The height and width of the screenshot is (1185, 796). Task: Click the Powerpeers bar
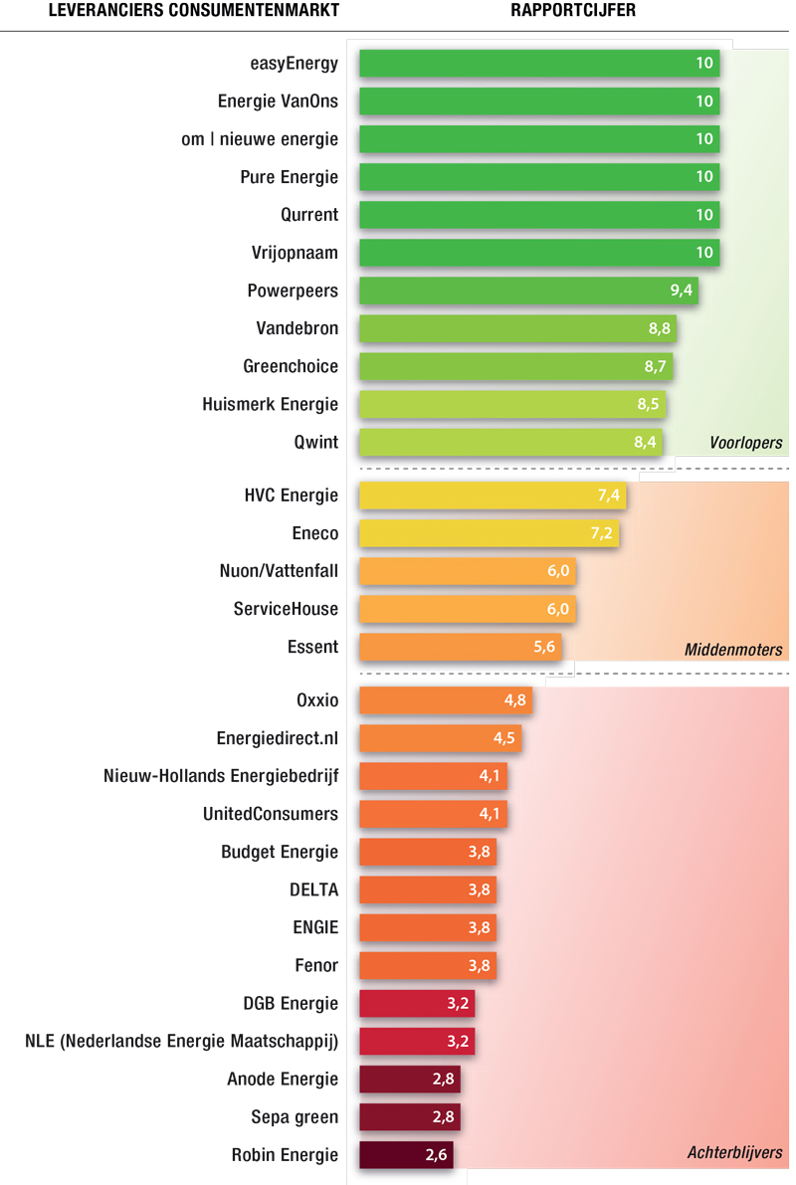tap(527, 291)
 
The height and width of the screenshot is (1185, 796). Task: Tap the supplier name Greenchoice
tap(291, 366)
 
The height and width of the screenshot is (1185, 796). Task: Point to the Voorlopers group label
tap(745, 443)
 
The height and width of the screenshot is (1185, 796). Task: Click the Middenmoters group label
tap(733, 650)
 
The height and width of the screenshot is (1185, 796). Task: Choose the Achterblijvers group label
tap(734, 1153)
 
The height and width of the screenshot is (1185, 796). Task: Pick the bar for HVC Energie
tap(493, 495)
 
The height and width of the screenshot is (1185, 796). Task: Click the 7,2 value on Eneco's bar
tap(602, 533)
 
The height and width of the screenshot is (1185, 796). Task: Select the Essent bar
tap(460, 647)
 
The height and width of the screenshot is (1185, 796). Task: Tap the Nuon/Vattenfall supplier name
tap(279, 571)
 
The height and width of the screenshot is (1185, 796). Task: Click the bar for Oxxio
tap(445, 700)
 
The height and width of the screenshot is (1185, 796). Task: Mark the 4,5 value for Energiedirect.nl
tap(504, 738)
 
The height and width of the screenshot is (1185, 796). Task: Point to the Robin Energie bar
tap(406, 1155)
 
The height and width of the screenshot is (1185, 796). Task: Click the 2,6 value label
tap(437, 1155)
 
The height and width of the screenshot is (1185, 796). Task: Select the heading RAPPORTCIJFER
tap(573, 11)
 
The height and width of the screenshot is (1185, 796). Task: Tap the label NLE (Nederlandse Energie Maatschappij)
tap(181, 1042)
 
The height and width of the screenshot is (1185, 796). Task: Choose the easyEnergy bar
tap(538, 64)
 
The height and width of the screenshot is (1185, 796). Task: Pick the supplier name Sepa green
tap(295, 1117)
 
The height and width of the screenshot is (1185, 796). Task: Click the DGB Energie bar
tap(416, 1004)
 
